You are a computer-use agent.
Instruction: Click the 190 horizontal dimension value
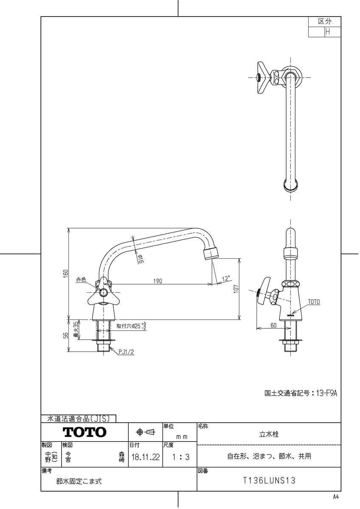pyautogui.click(x=157, y=281)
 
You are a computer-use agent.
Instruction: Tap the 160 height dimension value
pyautogui.click(x=66, y=273)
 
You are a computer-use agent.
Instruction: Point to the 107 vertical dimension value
pyautogui.click(x=237, y=289)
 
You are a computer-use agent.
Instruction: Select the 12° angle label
pyautogui.click(x=226, y=278)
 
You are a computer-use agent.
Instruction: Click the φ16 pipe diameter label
pyautogui.click(x=140, y=259)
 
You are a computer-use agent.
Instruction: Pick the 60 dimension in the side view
pyautogui.click(x=273, y=325)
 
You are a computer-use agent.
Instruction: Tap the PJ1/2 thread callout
pyautogui.click(x=126, y=352)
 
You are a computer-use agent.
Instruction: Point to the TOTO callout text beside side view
pyautogui.click(x=314, y=302)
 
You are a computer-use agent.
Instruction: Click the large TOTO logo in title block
pyautogui.click(x=84, y=432)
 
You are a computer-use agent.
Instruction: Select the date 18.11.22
pyautogui.click(x=146, y=457)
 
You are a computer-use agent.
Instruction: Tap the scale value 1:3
pyautogui.click(x=181, y=457)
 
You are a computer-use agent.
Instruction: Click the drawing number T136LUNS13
pyautogui.click(x=269, y=481)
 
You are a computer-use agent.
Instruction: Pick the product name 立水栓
pyautogui.click(x=269, y=434)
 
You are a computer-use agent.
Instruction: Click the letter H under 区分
pyautogui.click(x=328, y=32)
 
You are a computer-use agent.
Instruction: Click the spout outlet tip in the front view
pyautogui.click(x=212, y=256)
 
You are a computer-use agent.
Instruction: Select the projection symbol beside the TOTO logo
pyautogui.click(x=146, y=432)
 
